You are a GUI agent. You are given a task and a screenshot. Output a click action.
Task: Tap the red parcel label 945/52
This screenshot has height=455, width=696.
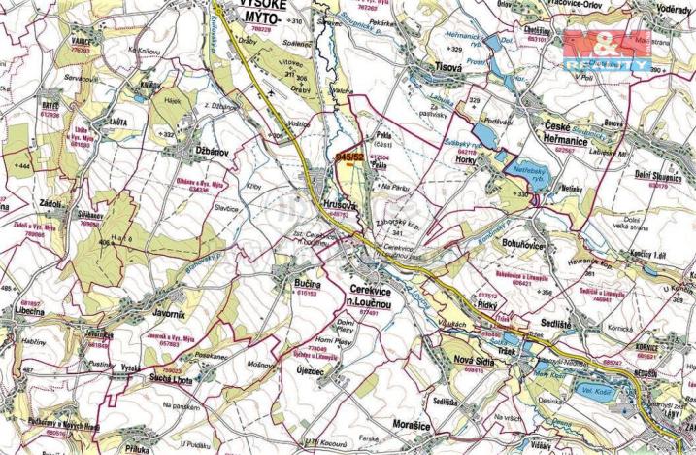click(x=350, y=156)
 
